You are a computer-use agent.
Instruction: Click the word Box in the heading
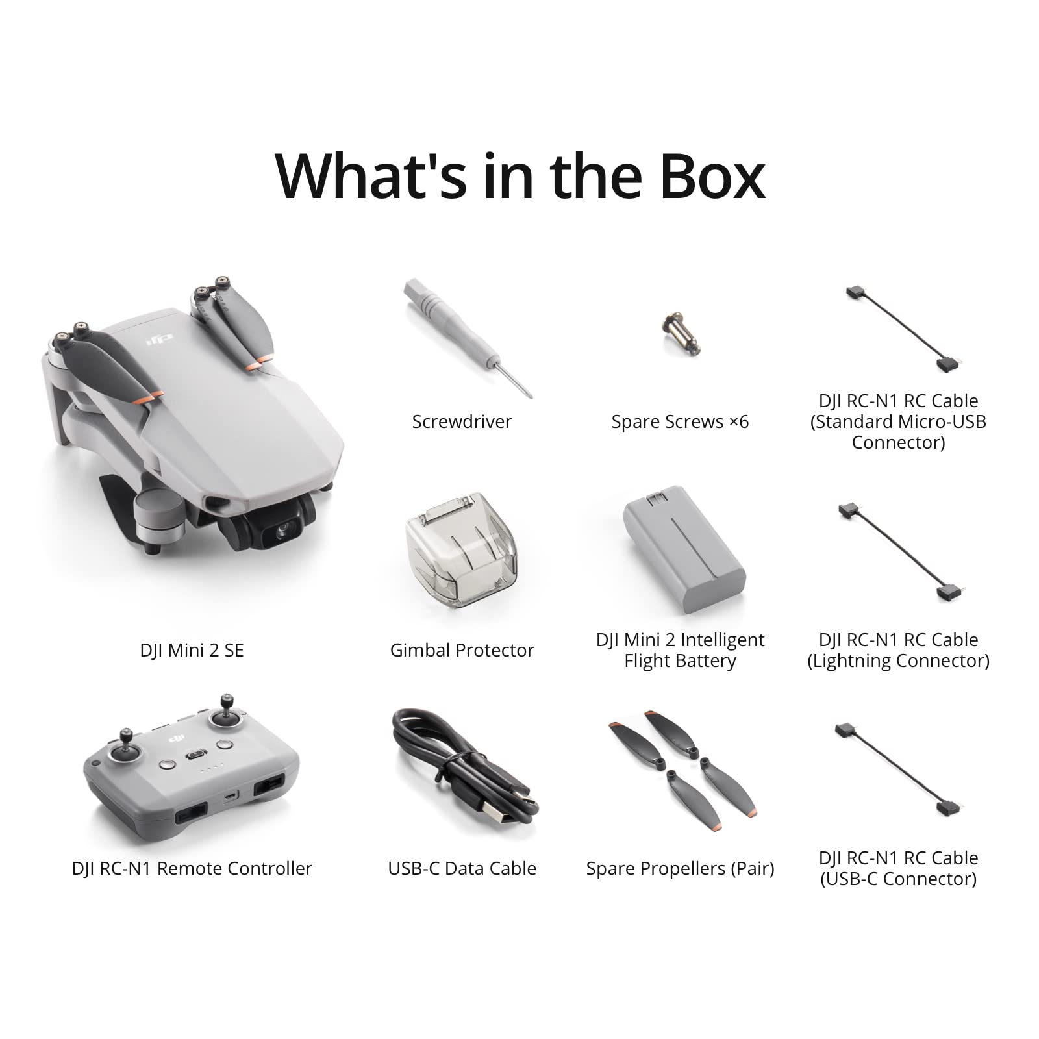pos(712,176)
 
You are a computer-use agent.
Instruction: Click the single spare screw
pos(678,332)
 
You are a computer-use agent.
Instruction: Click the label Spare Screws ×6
pos(680,422)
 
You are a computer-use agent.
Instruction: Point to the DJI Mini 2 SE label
pos(192,650)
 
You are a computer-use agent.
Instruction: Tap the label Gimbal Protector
pos(462,650)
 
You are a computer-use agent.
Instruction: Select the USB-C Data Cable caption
pos(462,868)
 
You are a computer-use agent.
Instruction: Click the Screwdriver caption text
pos(462,422)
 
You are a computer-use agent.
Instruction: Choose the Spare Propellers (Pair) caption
pos(680,868)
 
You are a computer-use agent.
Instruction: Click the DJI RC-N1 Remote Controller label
pos(192,868)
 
